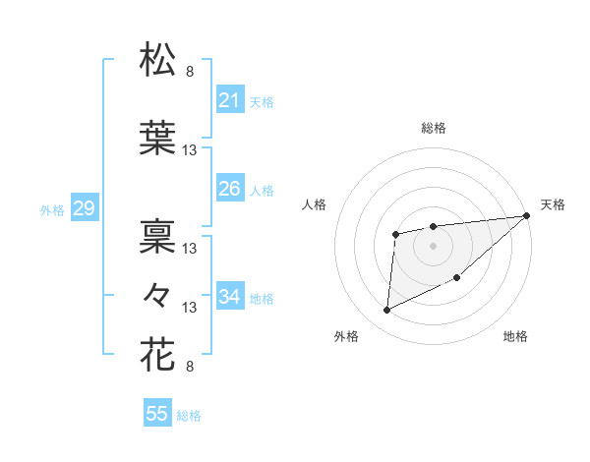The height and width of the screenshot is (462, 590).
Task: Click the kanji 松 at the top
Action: [158, 60]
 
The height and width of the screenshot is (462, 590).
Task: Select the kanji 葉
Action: [158, 139]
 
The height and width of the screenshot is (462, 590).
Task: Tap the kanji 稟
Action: [158, 236]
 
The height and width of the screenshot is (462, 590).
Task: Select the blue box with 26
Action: [229, 188]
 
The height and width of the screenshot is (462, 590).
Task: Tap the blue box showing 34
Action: [229, 296]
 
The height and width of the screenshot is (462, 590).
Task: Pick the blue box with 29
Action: [84, 207]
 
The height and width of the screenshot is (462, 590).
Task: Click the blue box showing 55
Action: [157, 414]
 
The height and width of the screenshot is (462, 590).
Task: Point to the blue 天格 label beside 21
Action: [262, 101]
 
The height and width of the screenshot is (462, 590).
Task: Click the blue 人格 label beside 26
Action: [262, 190]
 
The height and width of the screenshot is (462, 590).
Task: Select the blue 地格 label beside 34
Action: [262, 298]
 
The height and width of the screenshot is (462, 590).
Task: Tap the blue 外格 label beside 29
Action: [51, 209]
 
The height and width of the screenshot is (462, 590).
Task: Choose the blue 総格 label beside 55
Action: [189, 416]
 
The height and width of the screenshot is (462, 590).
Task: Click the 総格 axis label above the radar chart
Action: [433, 128]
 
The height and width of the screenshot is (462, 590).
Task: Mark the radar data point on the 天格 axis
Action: [526, 216]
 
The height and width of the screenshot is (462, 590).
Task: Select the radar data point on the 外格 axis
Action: [387, 311]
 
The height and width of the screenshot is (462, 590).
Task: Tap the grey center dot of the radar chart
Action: [433, 245]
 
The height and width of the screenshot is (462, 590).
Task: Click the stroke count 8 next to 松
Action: [190, 71]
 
